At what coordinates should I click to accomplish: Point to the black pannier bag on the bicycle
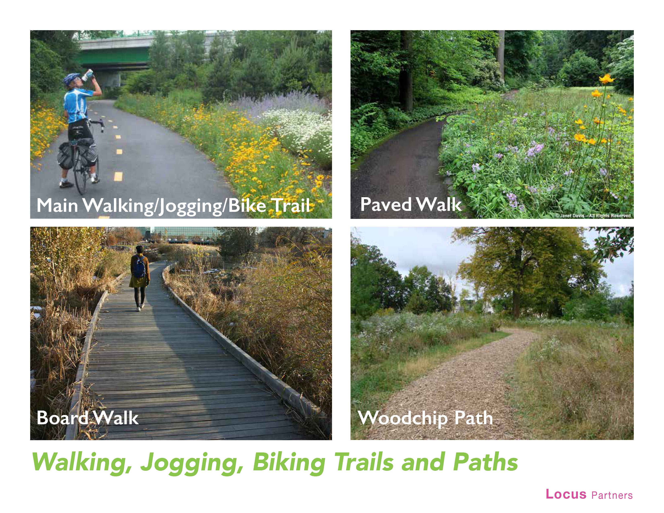65,156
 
